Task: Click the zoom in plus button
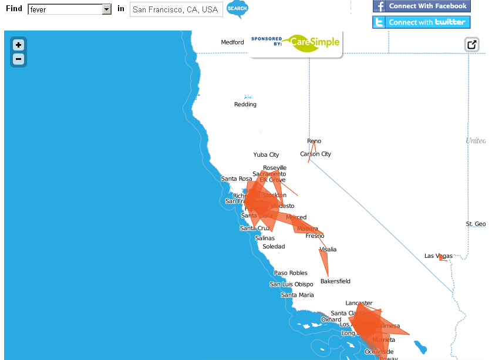(18, 45)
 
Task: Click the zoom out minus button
(18, 59)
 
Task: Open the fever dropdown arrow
(106, 9)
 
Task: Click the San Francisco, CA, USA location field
(176, 9)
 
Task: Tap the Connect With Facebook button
(421, 6)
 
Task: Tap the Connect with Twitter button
(421, 22)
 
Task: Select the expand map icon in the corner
(471, 45)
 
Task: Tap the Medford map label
(232, 42)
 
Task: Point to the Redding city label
(245, 105)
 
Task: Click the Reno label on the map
(314, 141)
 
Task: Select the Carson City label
(315, 154)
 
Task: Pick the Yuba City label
(266, 155)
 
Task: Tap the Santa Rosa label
(236, 179)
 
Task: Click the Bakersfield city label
(335, 281)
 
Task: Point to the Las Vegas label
(439, 256)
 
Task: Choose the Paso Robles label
(291, 273)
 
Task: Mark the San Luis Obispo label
(291, 284)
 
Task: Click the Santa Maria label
(297, 295)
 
